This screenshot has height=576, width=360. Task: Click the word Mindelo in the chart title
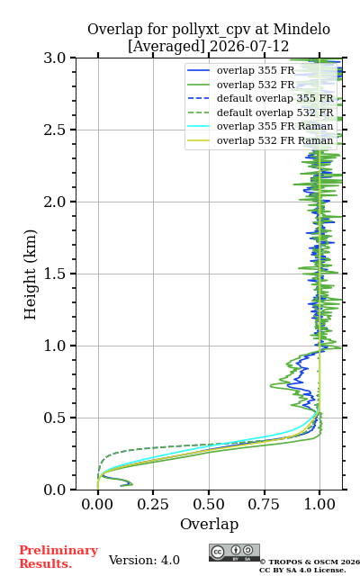point(301,29)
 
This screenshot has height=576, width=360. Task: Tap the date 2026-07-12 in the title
point(249,46)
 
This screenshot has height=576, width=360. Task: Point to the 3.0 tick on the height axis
point(54,58)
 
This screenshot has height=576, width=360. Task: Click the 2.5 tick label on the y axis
point(54,130)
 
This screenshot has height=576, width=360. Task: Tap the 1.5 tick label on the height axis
point(54,274)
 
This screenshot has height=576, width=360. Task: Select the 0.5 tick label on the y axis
point(54,418)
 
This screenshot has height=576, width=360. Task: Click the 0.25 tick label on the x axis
point(153,504)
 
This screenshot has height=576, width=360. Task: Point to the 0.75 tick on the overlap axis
point(264,504)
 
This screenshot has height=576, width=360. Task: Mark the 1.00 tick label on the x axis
point(319,504)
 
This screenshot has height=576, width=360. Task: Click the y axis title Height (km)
point(30,274)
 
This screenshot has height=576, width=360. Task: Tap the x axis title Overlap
point(209,524)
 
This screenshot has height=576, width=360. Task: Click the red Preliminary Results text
point(58,557)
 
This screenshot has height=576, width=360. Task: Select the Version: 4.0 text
point(144,560)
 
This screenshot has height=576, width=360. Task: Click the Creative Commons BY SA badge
point(234,553)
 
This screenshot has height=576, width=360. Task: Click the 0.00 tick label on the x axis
point(97,504)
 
